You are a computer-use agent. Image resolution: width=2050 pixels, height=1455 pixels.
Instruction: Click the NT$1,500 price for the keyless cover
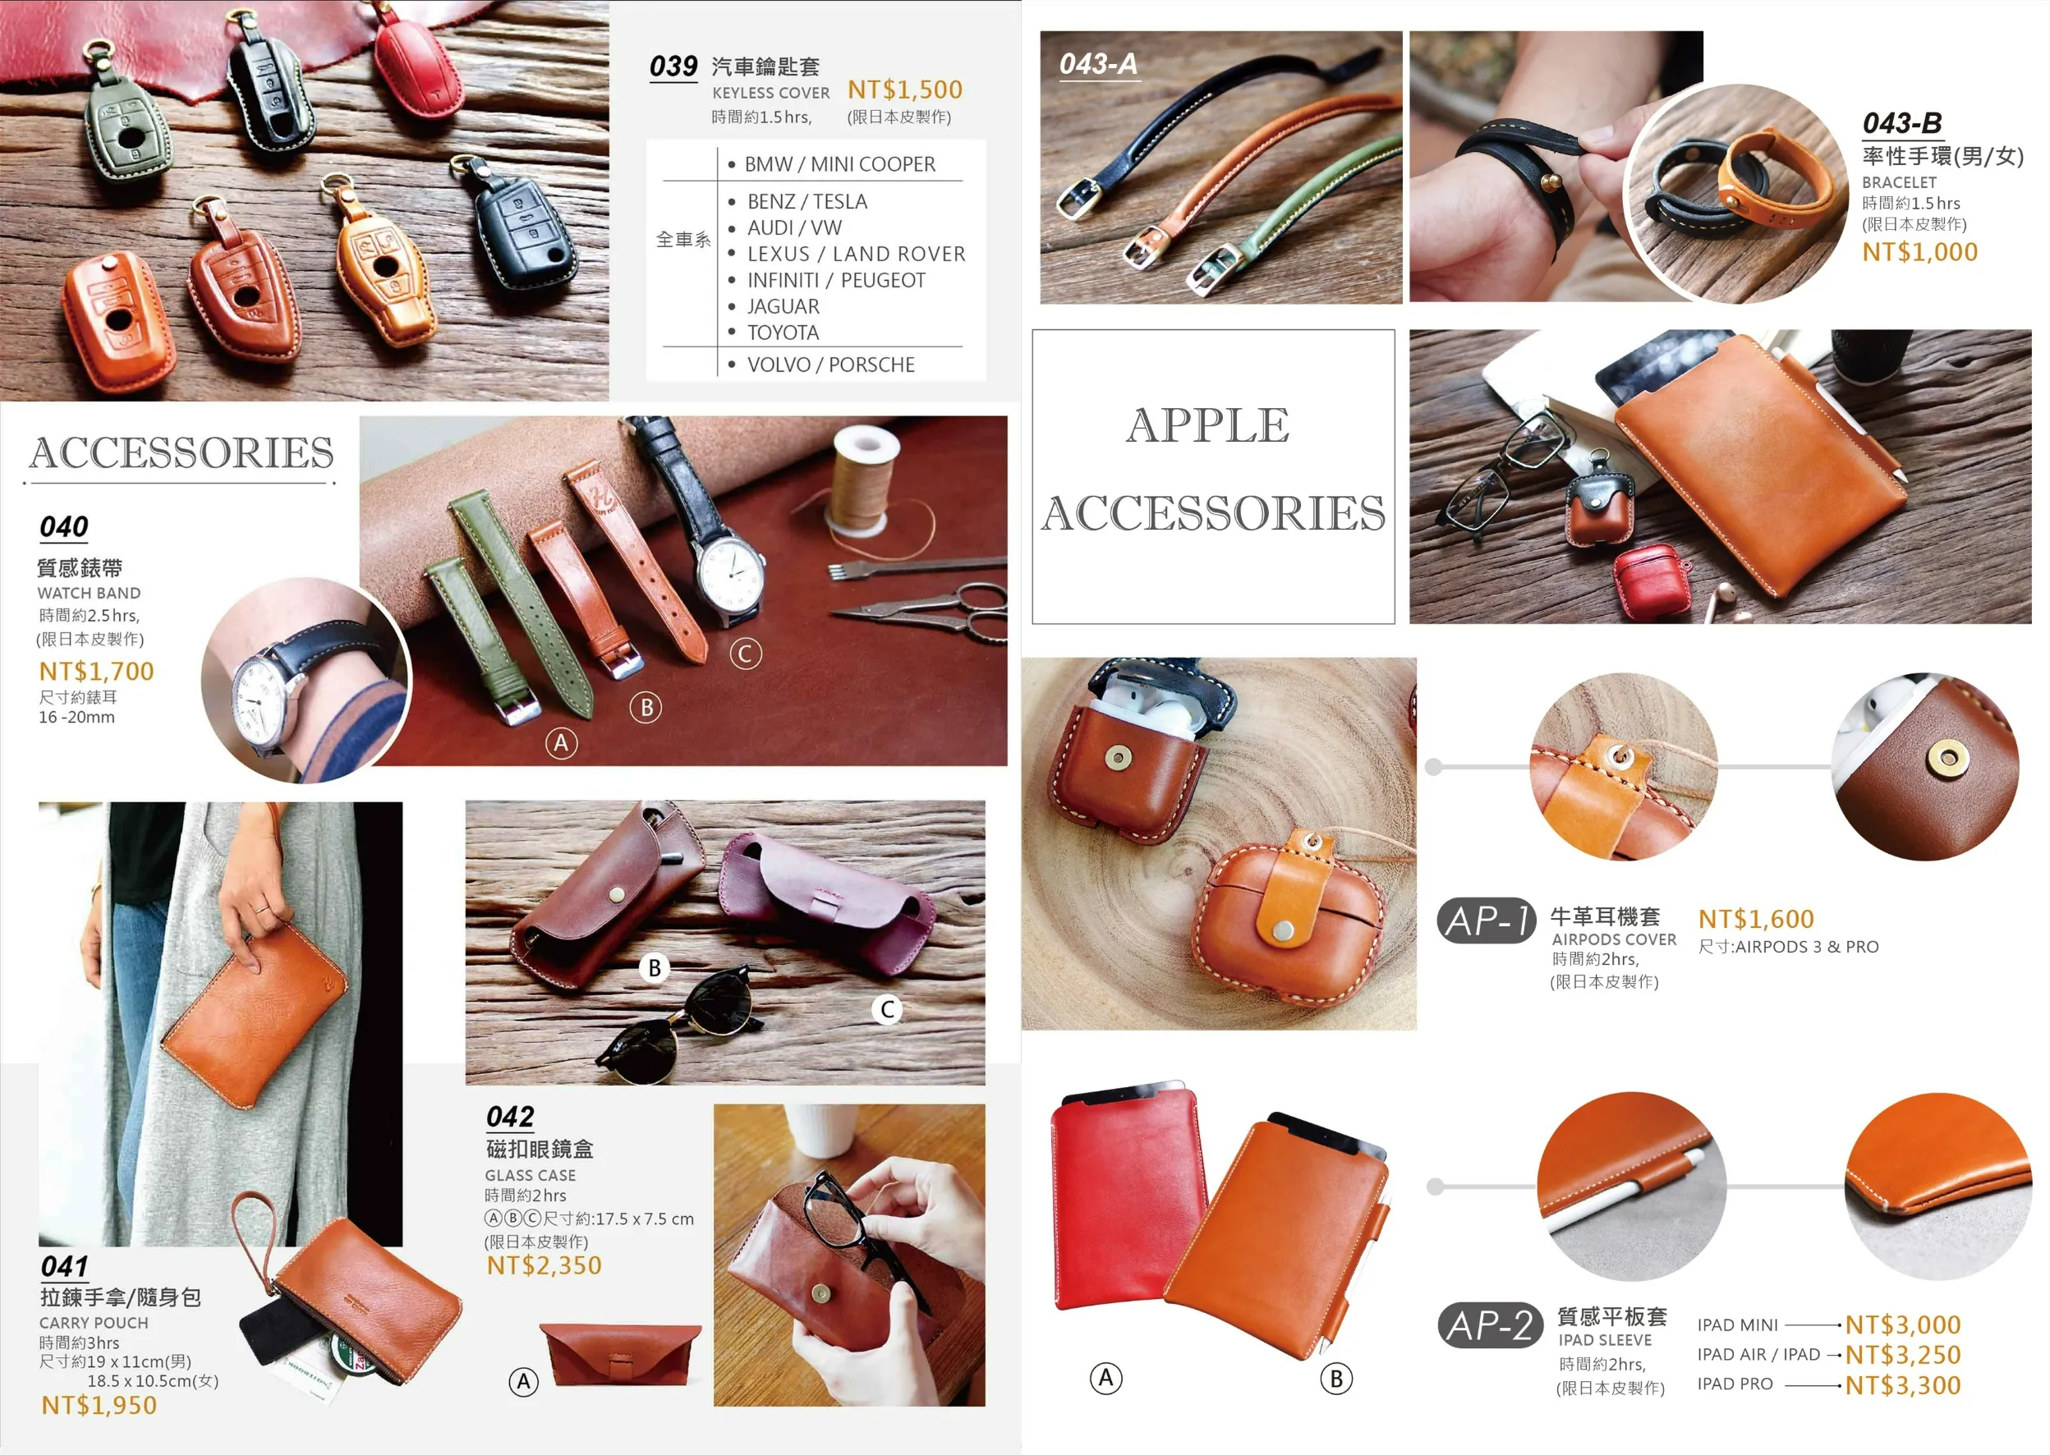[x=905, y=90]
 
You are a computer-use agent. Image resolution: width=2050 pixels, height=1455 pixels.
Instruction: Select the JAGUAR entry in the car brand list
[x=783, y=306]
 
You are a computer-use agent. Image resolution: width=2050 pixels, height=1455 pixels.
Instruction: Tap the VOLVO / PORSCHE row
[x=830, y=365]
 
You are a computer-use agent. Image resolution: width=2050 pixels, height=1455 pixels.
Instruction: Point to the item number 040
[x=63, y=526]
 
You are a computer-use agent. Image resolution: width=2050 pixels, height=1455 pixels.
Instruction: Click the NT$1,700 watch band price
[x=97, y=671]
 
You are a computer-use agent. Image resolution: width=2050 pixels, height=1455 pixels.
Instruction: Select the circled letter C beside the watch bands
[x=746, y=653]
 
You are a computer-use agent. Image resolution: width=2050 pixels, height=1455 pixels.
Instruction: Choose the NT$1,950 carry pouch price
[x=99, y=1405]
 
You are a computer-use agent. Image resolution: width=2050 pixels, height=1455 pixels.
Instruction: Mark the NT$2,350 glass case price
[x=544, y=1265]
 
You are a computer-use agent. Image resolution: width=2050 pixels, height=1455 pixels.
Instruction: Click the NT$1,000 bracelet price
[x=1920, y=252]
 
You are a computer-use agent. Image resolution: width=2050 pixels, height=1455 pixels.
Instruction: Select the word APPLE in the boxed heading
[x=1208, y=425]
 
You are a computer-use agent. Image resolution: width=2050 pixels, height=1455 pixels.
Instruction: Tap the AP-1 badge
[x=1487, y=920]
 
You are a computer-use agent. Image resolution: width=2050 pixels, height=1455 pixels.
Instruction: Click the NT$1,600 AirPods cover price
[x=1756, y=918]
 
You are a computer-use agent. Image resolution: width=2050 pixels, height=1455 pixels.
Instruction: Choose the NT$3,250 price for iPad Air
[x=1903, y=1355]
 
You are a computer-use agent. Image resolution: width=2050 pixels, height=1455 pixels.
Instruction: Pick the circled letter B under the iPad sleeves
[x=1336, y=1379]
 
